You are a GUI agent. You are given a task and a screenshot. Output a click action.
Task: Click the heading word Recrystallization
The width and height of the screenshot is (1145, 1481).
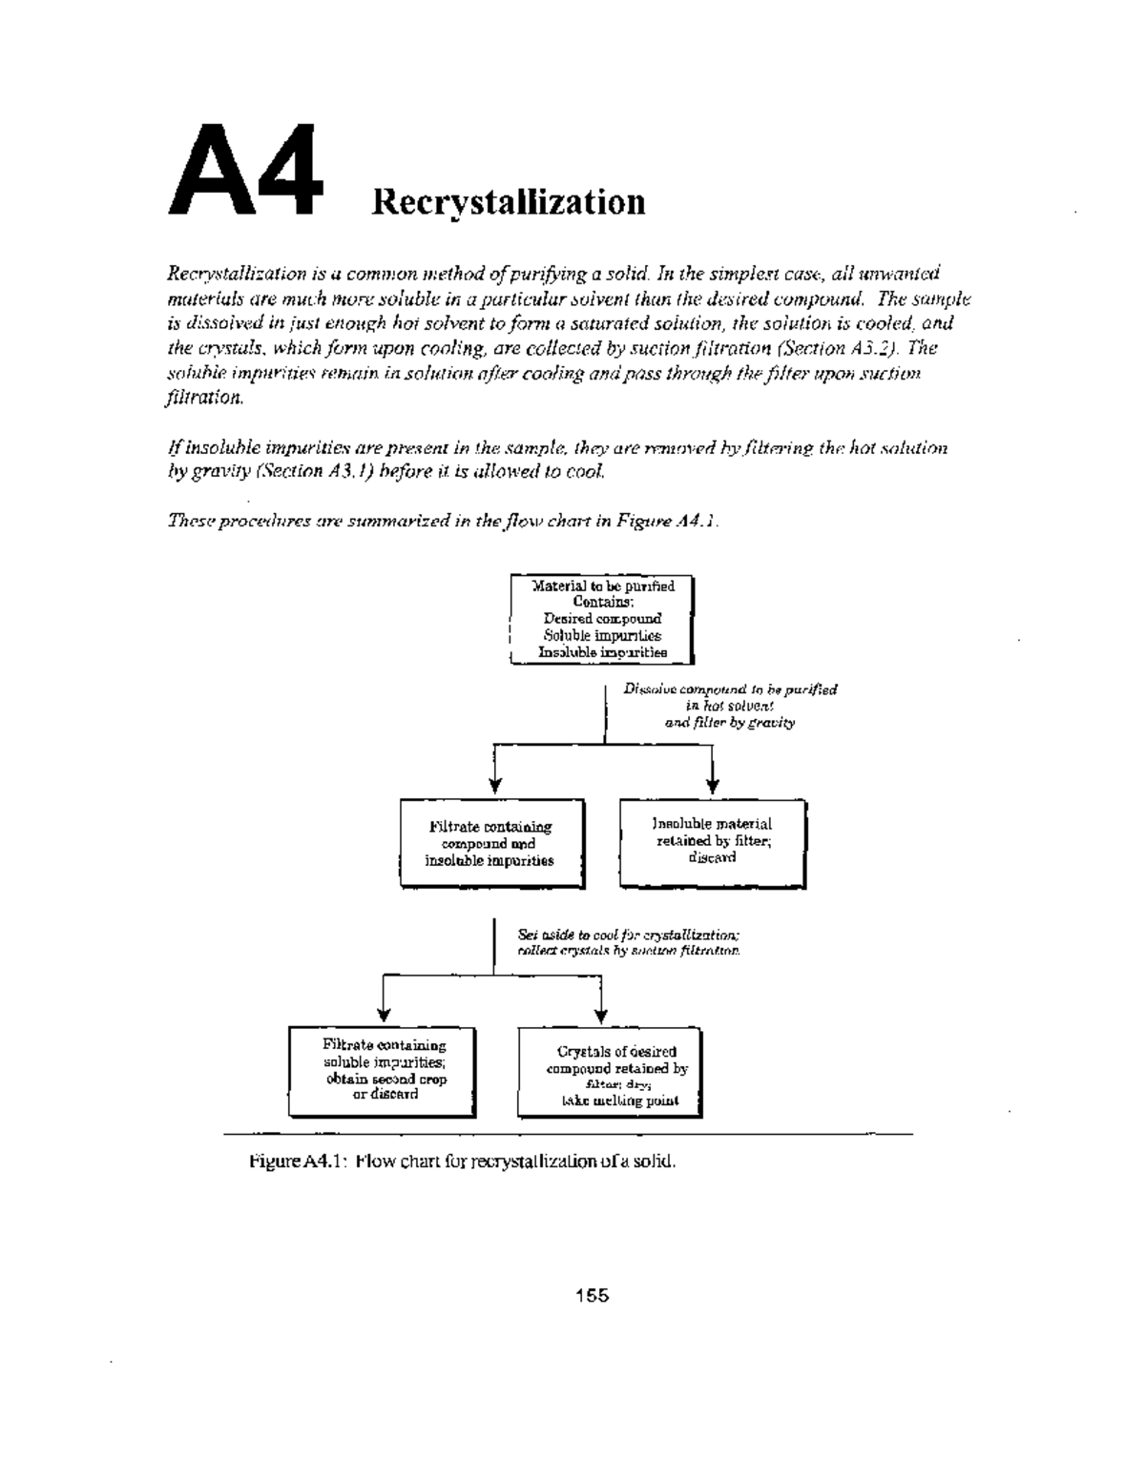point(509,202)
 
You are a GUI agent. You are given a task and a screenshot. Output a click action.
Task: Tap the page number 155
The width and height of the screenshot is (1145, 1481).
point(592,1295)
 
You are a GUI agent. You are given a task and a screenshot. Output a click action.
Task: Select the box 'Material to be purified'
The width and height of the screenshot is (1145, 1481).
point(602,619)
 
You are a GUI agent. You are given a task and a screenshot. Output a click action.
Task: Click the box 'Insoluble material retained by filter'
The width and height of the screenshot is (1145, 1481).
point(713,844)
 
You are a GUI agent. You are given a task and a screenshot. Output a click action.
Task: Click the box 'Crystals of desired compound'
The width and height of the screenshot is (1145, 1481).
point(610,1073)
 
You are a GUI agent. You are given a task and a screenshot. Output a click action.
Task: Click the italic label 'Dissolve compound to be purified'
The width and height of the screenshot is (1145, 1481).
point(730,689)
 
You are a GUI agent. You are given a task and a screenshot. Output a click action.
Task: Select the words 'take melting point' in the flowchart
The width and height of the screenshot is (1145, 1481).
point(620,1100)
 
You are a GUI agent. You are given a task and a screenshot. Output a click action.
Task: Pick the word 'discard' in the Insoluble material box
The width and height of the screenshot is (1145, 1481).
point(712,857)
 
